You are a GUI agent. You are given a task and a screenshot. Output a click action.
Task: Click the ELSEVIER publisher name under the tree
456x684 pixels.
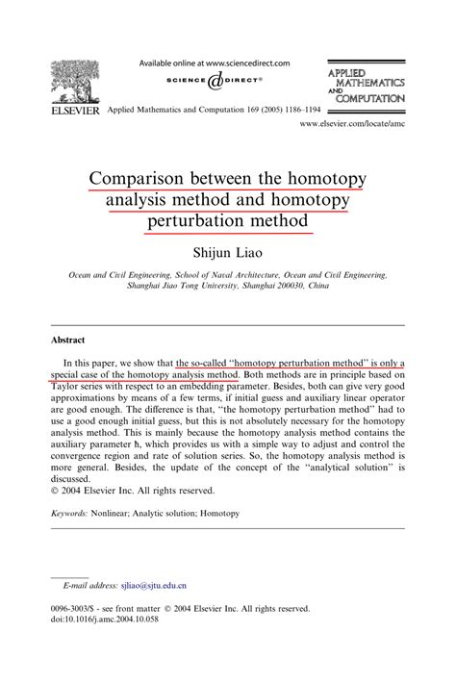72,112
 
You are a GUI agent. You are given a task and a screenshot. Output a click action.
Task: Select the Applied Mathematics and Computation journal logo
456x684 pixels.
367,86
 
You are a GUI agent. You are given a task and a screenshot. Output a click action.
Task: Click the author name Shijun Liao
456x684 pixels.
228,252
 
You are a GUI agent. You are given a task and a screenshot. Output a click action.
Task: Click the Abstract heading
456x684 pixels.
68,340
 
